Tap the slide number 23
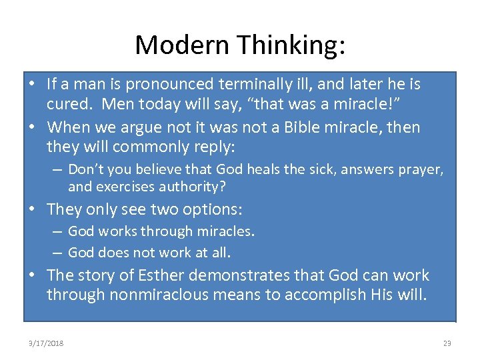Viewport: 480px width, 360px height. [447, 343]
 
